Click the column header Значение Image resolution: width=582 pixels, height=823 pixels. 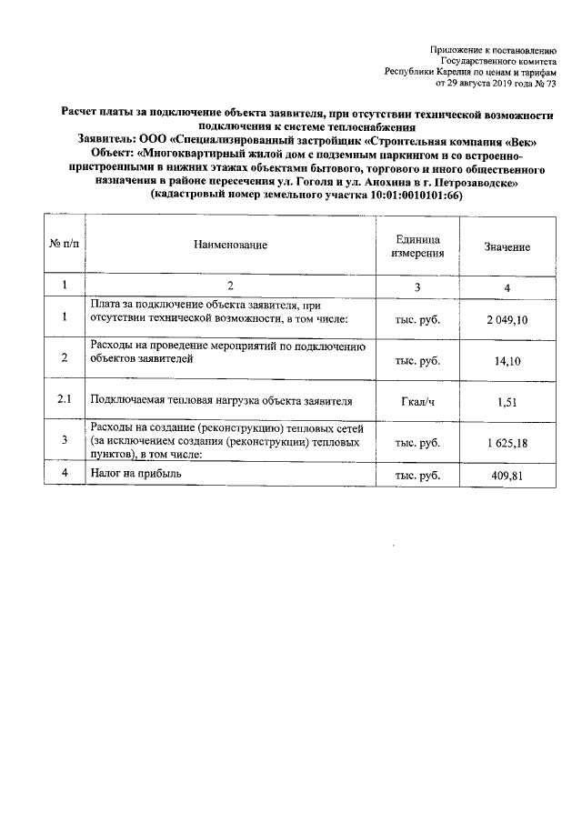(x=507, y=246)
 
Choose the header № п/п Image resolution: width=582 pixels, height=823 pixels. (x=65, y=246)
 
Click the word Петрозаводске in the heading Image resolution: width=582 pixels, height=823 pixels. (x=474, y=182)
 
